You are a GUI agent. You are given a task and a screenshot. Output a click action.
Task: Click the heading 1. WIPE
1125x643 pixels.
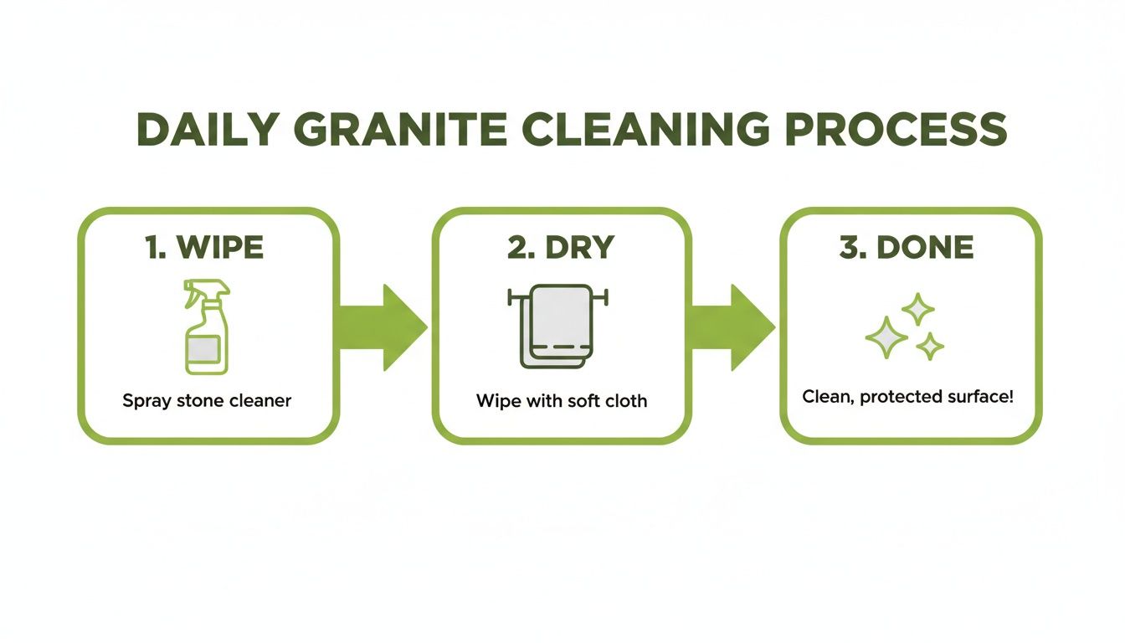(204, 247)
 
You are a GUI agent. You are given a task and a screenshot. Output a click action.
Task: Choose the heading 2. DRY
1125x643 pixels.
(561, 247)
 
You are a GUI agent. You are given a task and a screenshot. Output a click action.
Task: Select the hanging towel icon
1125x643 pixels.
(557, 327)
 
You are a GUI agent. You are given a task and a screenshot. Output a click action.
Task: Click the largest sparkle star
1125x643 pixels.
(886, 337)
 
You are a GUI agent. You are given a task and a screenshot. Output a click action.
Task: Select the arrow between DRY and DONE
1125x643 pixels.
(732, 327)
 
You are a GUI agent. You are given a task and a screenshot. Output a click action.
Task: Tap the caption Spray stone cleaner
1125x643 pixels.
(207, 401)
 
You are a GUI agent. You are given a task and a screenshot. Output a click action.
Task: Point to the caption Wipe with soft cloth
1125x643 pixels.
(562, 401)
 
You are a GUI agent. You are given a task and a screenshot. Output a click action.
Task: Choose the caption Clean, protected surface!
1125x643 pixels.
(907, 396)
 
